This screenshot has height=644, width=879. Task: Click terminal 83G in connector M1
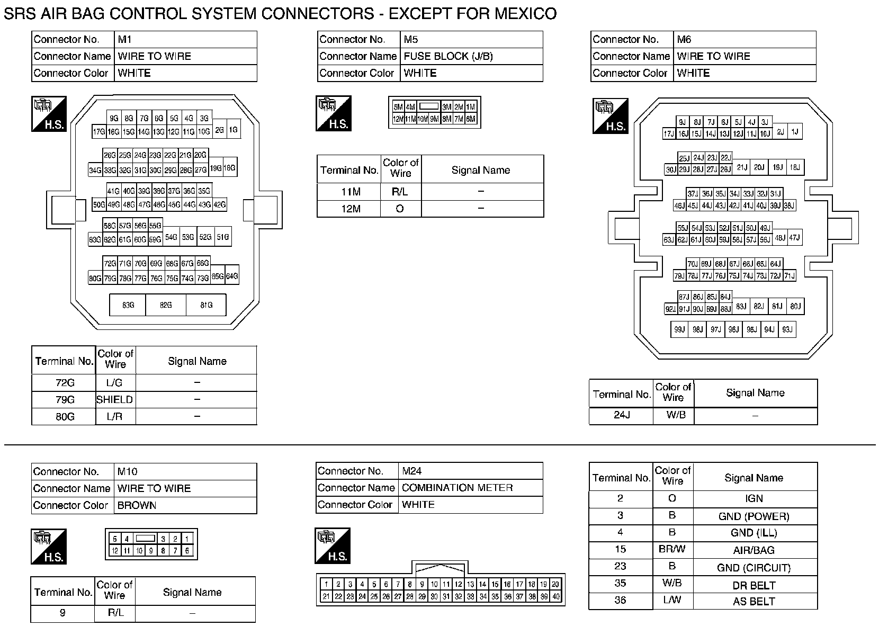tap(128, 305)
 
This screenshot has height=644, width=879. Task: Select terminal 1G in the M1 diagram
tap(234, 130)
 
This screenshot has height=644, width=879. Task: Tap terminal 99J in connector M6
tap(679, 329)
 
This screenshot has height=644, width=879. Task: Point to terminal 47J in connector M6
tap(794, 238)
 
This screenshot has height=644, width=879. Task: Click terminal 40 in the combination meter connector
tap(555, 596)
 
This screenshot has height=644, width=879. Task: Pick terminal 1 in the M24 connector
tap(326, 584)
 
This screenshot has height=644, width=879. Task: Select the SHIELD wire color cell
tap(115, 399)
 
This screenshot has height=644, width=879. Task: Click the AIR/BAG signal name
tap(754, 550)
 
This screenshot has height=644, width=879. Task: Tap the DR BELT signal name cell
tap(754, 585)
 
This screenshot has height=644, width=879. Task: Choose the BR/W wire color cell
tap(672, 549)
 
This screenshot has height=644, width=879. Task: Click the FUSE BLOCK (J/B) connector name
tap(448, 56)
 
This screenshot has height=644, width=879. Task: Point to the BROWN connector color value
tap(137, 505)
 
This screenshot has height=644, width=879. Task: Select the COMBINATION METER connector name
tap(457, 487)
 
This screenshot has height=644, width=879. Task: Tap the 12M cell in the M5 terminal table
tap(351, 209)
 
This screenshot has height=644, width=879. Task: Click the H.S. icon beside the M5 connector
tap(334, 113)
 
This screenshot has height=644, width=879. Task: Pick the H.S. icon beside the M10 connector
tap(49, 545)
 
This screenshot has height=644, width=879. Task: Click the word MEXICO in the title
tap(525, 13)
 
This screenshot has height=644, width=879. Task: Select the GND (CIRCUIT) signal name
tap(754, 568)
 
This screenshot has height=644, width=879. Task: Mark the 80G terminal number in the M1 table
tap(65, 416)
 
